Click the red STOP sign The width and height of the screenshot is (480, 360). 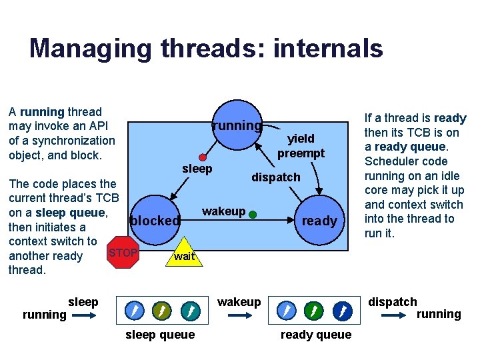point(123,253)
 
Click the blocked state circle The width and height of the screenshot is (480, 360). point(155,221)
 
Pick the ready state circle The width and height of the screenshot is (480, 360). point(319,221)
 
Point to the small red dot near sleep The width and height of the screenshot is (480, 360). point(203,157)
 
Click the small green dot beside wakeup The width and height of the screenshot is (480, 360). point(253,215)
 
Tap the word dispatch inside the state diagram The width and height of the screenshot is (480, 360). point(275,177)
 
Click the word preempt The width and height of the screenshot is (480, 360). point(301,153)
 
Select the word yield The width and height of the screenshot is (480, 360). point(301,139)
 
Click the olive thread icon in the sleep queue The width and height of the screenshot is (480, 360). point(161,311)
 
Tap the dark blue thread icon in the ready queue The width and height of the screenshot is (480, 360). point(341,311)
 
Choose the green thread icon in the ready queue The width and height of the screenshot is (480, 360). point(314,311)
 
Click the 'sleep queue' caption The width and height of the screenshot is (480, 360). point(160,335)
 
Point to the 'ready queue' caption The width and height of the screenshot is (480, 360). point(315,335)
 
